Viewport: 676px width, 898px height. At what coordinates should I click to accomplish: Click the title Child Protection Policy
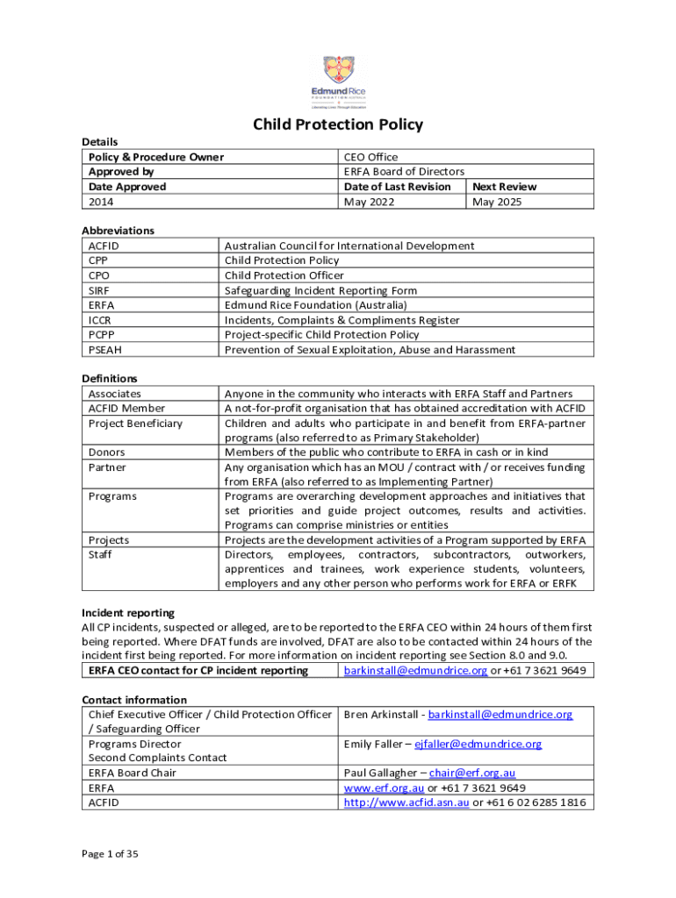coord(338,125)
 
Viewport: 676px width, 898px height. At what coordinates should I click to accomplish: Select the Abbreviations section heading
coord(118,231)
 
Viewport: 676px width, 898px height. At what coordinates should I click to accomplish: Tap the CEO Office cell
coord(370,157)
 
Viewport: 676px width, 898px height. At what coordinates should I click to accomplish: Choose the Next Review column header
coord(504,187)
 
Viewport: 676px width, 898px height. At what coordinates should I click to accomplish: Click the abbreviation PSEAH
coord(104,350)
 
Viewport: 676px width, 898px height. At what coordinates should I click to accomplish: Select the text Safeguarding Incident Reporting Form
coord(320,290)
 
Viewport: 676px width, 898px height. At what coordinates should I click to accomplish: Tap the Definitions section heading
coord(110,379)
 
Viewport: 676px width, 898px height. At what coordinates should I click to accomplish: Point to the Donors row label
coord(106,453)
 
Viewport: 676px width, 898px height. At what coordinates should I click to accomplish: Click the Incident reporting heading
coord(128,613)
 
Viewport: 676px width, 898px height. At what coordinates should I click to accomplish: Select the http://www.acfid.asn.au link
coord(406,802)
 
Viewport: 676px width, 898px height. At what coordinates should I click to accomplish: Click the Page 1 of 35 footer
coord(110,853)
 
